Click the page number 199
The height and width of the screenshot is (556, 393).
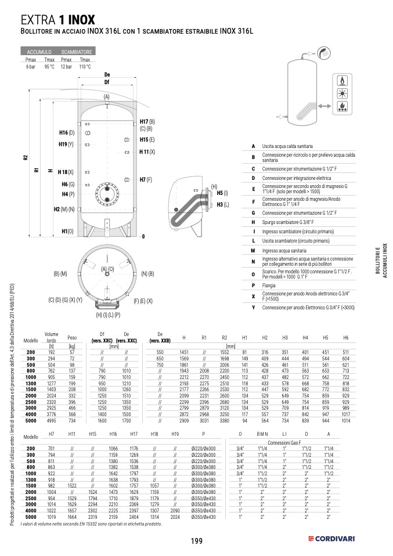[x=196, y=541]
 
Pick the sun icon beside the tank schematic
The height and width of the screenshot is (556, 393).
[x=342, y=94]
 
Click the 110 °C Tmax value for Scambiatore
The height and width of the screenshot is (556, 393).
[x=85, y=67]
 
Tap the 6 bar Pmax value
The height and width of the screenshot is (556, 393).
[x=31, y=67]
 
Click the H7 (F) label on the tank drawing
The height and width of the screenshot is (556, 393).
[x=146, y=180]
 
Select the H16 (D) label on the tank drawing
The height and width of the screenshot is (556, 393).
[x=67, y=133]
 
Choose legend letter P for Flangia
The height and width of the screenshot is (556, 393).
[x=253, y=285]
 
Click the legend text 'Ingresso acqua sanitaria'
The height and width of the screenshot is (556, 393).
[x=287, y=250]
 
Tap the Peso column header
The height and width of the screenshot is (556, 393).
[x=72, y=337]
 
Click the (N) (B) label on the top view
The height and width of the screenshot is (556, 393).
[x=147, y=273]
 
